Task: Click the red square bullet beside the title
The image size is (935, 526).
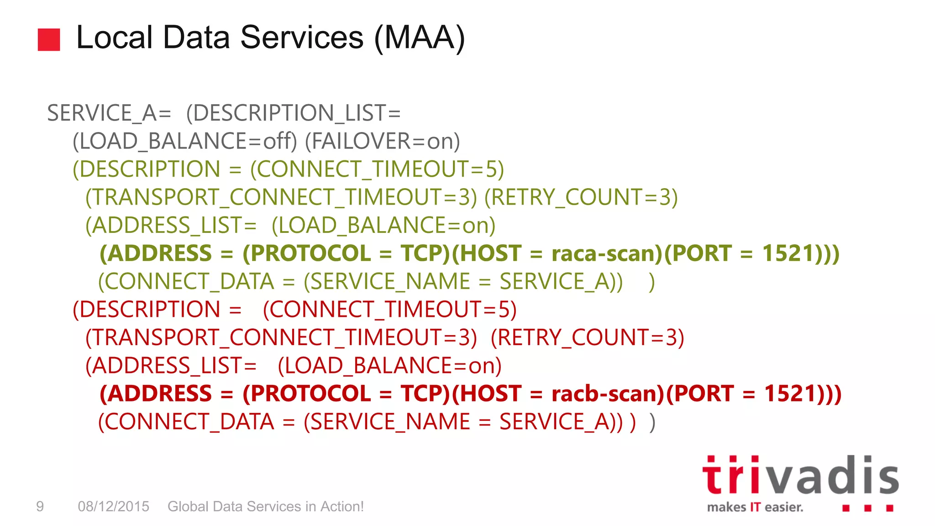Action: click(49, 40)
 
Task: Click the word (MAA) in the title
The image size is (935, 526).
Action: click(419, 37)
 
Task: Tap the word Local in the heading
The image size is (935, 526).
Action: click(114, 37)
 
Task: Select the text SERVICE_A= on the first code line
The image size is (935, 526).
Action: click(109, 113)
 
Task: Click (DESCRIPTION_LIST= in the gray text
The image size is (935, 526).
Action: click(293, 113)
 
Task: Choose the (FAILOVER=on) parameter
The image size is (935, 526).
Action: click(382, 142)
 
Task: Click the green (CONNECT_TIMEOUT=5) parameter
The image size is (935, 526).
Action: click(377, 169)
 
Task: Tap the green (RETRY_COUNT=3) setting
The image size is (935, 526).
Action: click(581, 197)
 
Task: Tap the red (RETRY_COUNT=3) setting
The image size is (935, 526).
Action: click(587, 338)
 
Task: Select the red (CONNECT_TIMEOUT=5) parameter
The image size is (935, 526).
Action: click(390, 310)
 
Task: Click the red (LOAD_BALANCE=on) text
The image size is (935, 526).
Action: click(389, 366)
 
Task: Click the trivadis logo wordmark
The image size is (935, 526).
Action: click(800, 476)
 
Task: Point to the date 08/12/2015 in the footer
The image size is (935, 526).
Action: click(113, 506)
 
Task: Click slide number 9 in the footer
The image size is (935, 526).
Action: click(40, 506)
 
